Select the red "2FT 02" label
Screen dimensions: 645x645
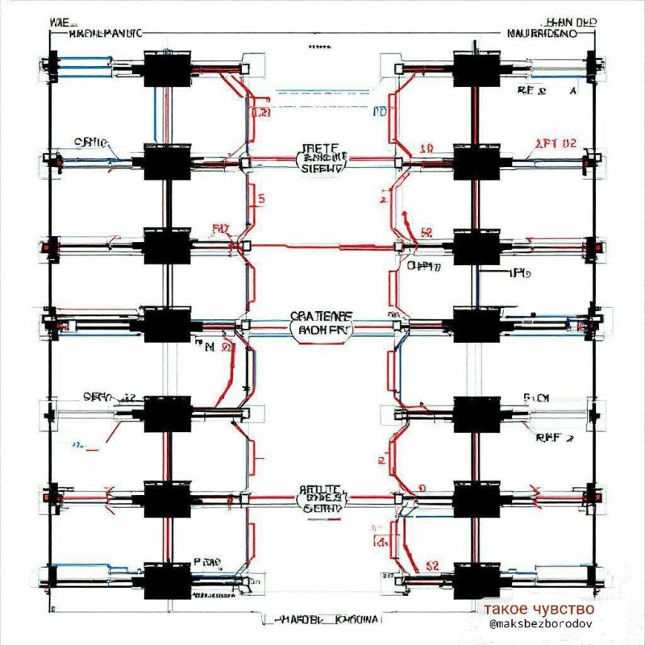(556, 144)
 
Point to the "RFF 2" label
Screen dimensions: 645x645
(553, 439)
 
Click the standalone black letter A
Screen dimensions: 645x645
(573, 91)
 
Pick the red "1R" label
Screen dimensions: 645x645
(427, 148)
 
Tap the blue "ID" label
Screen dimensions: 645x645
(381, 111)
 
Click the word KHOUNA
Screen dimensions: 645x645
(357, 620)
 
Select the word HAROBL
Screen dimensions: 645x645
(301, 620)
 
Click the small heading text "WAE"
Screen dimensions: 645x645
(60, 22)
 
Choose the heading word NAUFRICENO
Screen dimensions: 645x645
(542, 35)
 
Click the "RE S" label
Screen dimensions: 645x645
(532, 91)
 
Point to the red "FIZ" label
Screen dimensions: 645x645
(220, 229)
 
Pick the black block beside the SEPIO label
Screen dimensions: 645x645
(166, 413)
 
